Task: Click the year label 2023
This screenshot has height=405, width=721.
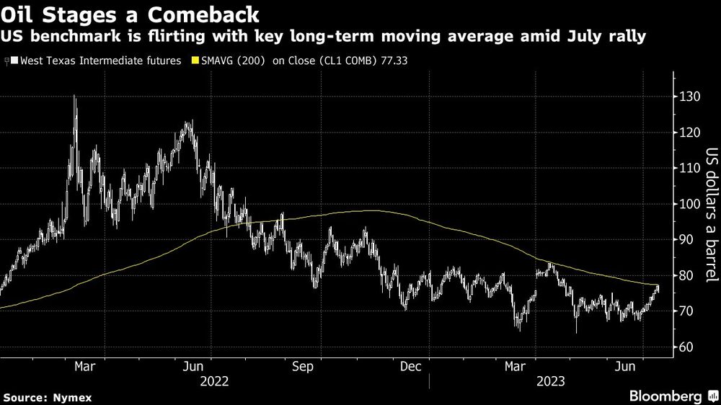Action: pos(551,380)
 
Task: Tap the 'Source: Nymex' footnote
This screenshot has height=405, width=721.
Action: pos(48,397)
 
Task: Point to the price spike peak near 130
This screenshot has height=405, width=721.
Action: pos(75,97)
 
